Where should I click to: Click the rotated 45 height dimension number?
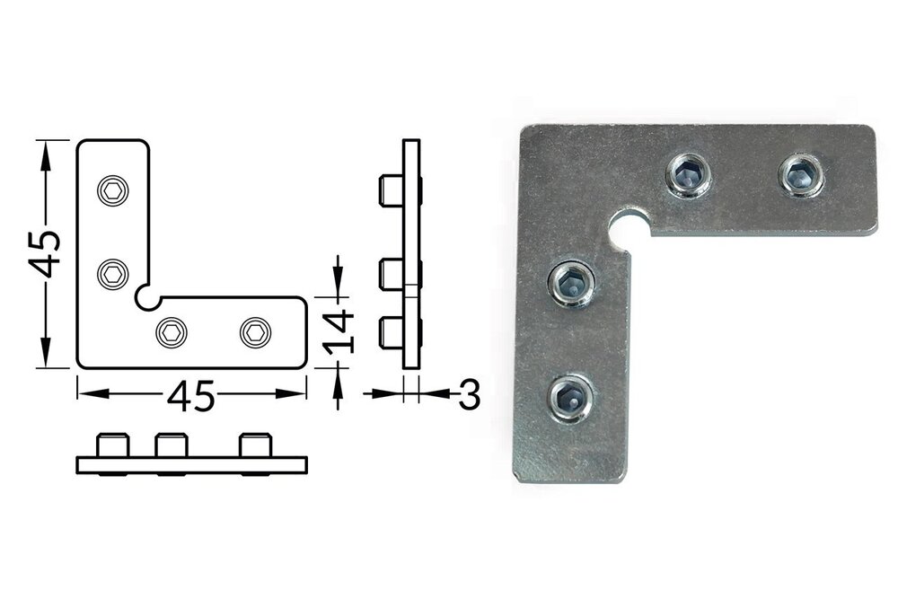[45, 253]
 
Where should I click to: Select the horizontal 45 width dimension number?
[191, 396]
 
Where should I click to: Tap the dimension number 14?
[341, 331]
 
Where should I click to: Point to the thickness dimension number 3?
[469, 394]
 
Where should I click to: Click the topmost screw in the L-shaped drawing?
[113, 190]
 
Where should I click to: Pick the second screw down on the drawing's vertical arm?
[113, 273]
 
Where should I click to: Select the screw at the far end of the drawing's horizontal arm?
[255, 332]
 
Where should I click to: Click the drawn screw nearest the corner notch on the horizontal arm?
[172, 332]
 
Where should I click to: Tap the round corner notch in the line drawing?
[144, 295]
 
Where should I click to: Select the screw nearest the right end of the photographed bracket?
[801, 174]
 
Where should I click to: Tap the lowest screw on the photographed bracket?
[570, 398]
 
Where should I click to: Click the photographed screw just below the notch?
[571, 285]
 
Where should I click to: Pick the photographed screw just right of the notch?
[689, 174]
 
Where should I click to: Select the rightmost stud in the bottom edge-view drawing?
[255, 445]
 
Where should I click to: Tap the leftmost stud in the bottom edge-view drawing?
[113, 445]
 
